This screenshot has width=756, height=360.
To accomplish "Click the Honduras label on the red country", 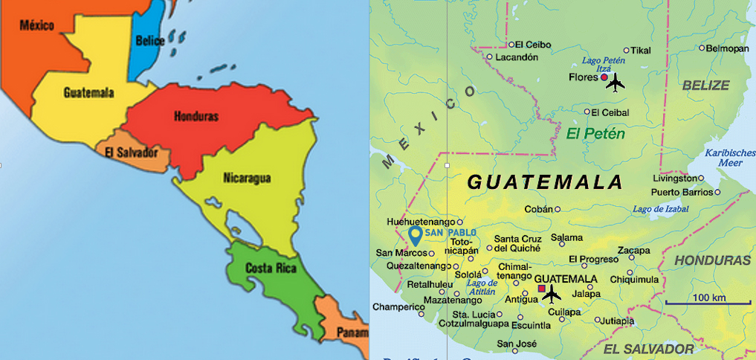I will tap(196, 117).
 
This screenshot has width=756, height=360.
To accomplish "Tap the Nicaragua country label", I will tap(247, 178).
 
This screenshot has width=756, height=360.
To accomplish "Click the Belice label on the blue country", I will tap(151, 41).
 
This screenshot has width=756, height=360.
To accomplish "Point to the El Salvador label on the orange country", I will tap(132, 152).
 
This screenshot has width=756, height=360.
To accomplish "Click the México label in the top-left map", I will tap(36, 25).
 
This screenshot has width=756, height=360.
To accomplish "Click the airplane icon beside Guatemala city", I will tap(552, 295).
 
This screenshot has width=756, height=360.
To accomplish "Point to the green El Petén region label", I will tap(595, 134).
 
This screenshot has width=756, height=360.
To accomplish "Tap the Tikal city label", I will tap(640, 50).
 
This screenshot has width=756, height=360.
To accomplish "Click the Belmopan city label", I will tap(728, 48).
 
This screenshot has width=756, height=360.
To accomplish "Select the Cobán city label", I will tap(538, 209).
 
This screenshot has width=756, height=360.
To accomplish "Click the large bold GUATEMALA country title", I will tap(544, 181).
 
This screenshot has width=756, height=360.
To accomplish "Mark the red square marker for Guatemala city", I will tap(542, 289).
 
